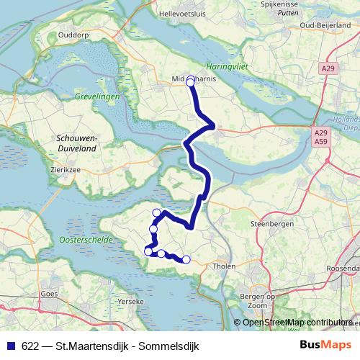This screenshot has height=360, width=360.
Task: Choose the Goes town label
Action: (x=50, y=294)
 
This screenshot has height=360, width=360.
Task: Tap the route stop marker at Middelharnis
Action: (x=191, y=82)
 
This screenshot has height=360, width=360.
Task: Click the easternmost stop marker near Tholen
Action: (x=186, y=259)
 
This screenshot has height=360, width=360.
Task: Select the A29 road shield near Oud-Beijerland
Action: (x=328, y=68)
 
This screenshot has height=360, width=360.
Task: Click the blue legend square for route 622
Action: (x=11, y=345)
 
